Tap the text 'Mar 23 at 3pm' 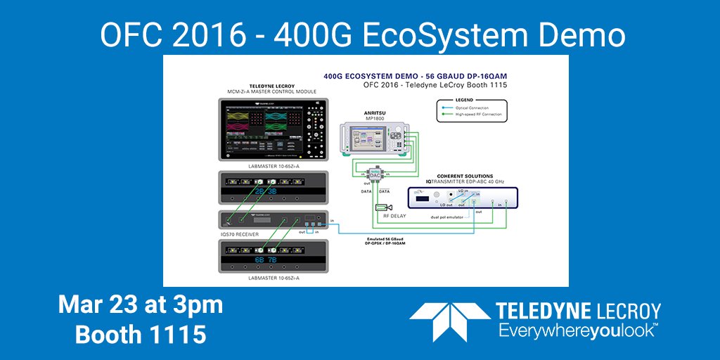tap(141, 306)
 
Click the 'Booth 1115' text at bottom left tap(141, 334)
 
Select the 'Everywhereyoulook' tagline tap(577, 329)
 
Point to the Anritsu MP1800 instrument tap(373, 139)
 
